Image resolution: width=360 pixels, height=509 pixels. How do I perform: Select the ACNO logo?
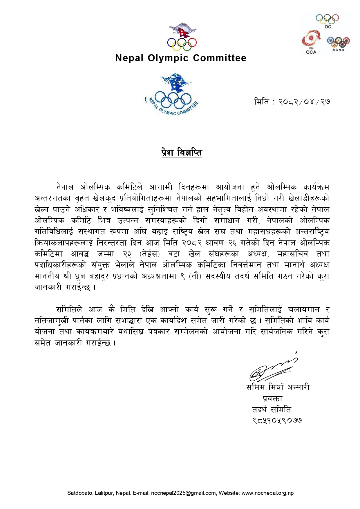click(x=338, y=44)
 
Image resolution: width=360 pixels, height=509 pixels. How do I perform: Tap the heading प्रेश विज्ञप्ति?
click(x=182, y=153)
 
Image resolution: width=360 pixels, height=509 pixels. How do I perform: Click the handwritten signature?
click(x=273, y=368)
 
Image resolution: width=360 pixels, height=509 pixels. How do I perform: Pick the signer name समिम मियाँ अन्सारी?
click(x=278, y=387)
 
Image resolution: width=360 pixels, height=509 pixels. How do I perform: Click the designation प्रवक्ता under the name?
click(x=272, y=398)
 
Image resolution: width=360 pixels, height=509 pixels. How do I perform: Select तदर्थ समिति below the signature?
click(x=271, y=410)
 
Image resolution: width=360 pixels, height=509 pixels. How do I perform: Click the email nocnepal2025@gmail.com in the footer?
click(x=183, y=493)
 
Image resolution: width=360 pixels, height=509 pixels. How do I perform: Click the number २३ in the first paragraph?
click(x=127, y=254)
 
